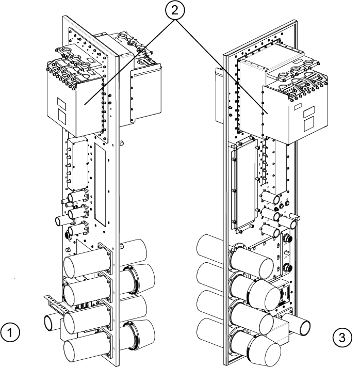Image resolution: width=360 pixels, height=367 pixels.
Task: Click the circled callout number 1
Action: click(x=10, y=332)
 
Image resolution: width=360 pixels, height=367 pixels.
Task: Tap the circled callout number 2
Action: click(x=175, y=10)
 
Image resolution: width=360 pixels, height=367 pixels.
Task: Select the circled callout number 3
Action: click(x=342, y=338)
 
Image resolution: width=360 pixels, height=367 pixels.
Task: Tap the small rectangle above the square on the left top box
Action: click(x=61, y=103)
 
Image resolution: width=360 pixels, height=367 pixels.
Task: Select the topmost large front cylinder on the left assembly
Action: click(x=87, y=263)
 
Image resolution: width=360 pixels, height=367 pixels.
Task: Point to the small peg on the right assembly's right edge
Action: click(x=294, y=216)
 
